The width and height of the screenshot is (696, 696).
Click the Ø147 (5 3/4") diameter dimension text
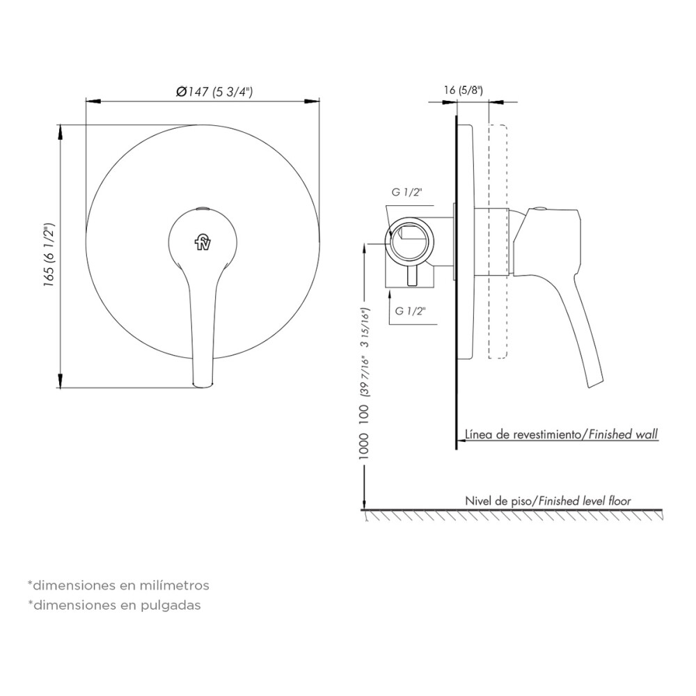pyautogui.click(x=214, y=92)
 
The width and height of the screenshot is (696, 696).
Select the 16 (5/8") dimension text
pyautogui.click(x=464, y=90)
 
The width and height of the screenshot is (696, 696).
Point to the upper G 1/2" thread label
pyautogui.click(x=406, y=192)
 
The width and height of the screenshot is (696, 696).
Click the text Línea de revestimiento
pyautogui.click(x=523, y=434)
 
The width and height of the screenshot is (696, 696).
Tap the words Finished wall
pyautogui.click(x=623, y=434)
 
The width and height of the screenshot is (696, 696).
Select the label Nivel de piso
pyautogui.click(x=498, y=501)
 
